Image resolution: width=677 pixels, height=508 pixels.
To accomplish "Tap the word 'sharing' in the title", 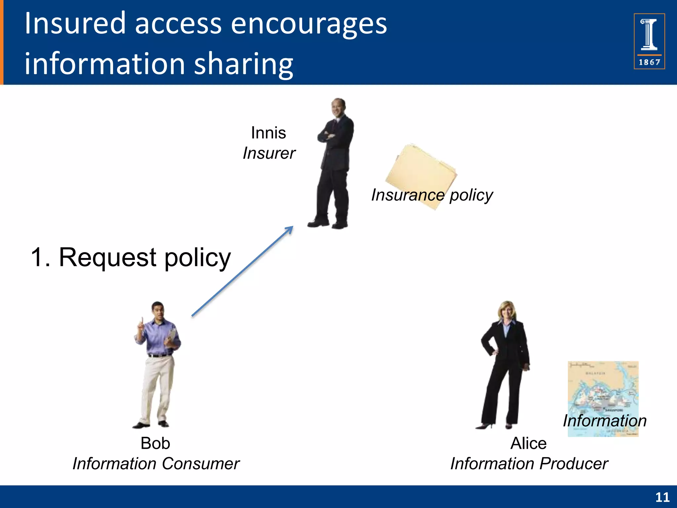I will (x=243, y=63).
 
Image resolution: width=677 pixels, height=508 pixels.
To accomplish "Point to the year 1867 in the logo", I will (x=649, y=62).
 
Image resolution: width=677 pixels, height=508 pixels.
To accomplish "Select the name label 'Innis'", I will (x=268, y=133).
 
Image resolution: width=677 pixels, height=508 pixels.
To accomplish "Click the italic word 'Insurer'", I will (x=269, y=153).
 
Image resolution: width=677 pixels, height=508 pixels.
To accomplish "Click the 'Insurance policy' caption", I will (x=432, y=195).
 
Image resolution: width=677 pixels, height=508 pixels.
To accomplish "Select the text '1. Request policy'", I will (x=131, y=257).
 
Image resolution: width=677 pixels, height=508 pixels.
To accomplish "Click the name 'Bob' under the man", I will (x=155, y=443).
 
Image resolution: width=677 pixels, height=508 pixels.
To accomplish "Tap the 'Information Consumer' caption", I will (x=156, y=464).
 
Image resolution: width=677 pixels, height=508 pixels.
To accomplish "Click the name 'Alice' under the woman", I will (x=528, y=443).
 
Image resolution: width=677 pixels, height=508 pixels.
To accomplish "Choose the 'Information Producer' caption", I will (x=529, y=464).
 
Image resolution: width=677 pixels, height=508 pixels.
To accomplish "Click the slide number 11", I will (x=662, y=497).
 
